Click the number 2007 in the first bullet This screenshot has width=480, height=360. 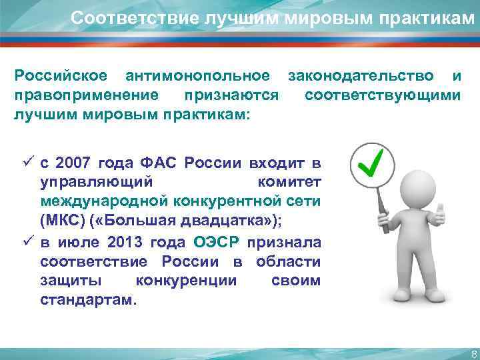[73, 163]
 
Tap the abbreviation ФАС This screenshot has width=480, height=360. [159, 163]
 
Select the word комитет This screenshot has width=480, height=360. [288, 181]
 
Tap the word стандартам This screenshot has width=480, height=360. [87, 299]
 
